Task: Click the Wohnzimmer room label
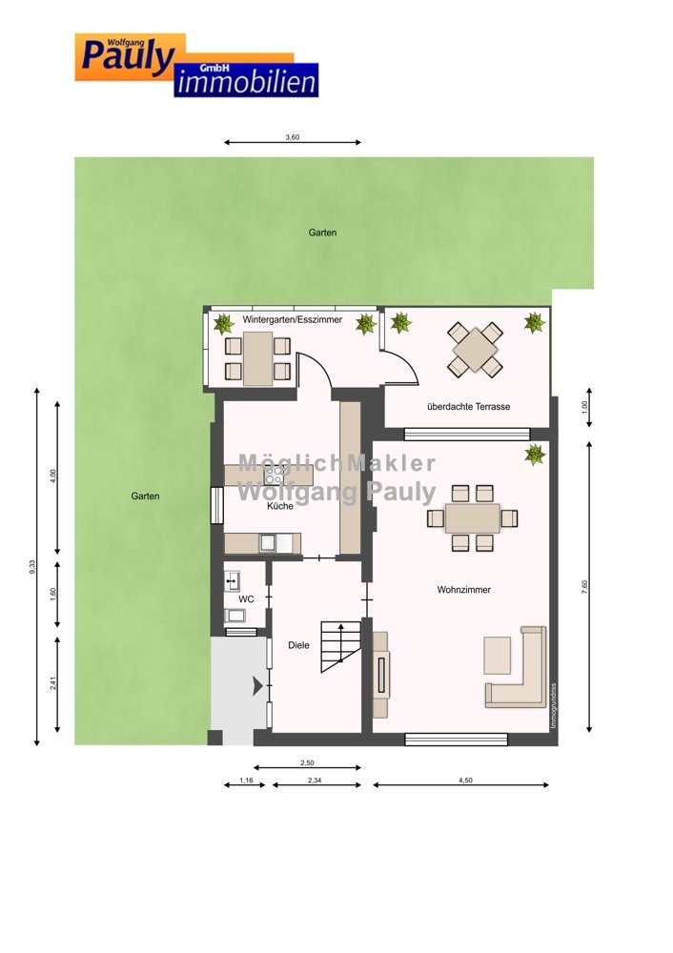(x=464, y=590)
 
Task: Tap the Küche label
(x=280, y=506)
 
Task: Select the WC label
(x=246, y=599)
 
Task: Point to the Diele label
(x=298, y=645)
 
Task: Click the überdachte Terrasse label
(x=469, y=407)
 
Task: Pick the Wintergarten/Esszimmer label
(x=293, y=319)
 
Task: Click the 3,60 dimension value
(x=293, y=137)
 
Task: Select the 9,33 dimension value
(x=32, y=566)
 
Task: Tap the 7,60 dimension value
(x=585, y=586)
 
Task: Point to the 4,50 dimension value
(x=465, y=781)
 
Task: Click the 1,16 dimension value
(x=246, y=781)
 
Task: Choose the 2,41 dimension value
(x=53, y=683)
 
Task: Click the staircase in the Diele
(x=340, y=647)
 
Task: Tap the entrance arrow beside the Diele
(x=257, y=687)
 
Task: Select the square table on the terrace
(x=475, y=350)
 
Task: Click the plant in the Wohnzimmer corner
(x=535, y=454)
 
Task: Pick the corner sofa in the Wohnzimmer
(x=517, y=667)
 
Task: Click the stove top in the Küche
(x=274, y=475)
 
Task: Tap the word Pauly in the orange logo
(x=128, y=56)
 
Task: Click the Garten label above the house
(x=322, y=233)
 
